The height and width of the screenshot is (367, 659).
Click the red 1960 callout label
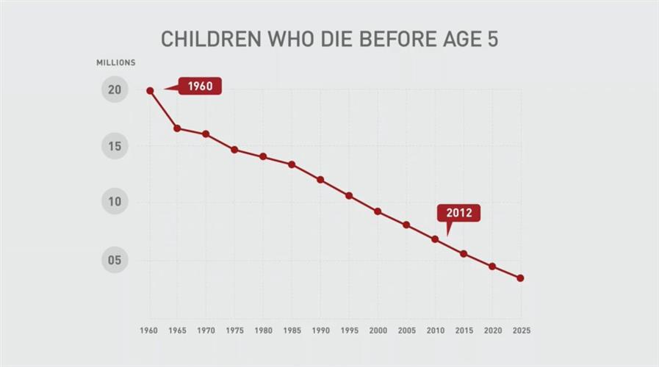(x=200, y=87)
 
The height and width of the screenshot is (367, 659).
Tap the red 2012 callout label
(x=458, y=214)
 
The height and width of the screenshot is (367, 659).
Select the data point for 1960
(x=150, y=91)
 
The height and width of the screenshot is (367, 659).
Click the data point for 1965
(x=177, y=128)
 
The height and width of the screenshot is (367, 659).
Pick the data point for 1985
(x=292, y=164)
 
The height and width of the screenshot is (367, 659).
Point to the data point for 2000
(x=378, y=211)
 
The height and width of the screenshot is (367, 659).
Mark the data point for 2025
(x=520, y=278)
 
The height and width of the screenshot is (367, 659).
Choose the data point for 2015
(x=464, y=254)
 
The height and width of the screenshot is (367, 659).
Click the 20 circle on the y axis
(x=115, y=90)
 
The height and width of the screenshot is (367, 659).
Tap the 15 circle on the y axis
(x=115, y=146)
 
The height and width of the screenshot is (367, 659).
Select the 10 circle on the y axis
(x=115, y=202)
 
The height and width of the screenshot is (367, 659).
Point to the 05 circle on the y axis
(x=115, y=260)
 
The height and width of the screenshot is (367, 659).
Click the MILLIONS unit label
(x=116, y=63)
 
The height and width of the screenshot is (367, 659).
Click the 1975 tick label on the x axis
(x=235, y=331)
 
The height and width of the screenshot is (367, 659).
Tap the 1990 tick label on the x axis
(x=320, y=331)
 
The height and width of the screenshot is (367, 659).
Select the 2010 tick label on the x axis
(x=435, y=331)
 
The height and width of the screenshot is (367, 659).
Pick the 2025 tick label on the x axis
(x=521, y=331)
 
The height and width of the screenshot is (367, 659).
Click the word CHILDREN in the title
(x=207, y=39)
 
